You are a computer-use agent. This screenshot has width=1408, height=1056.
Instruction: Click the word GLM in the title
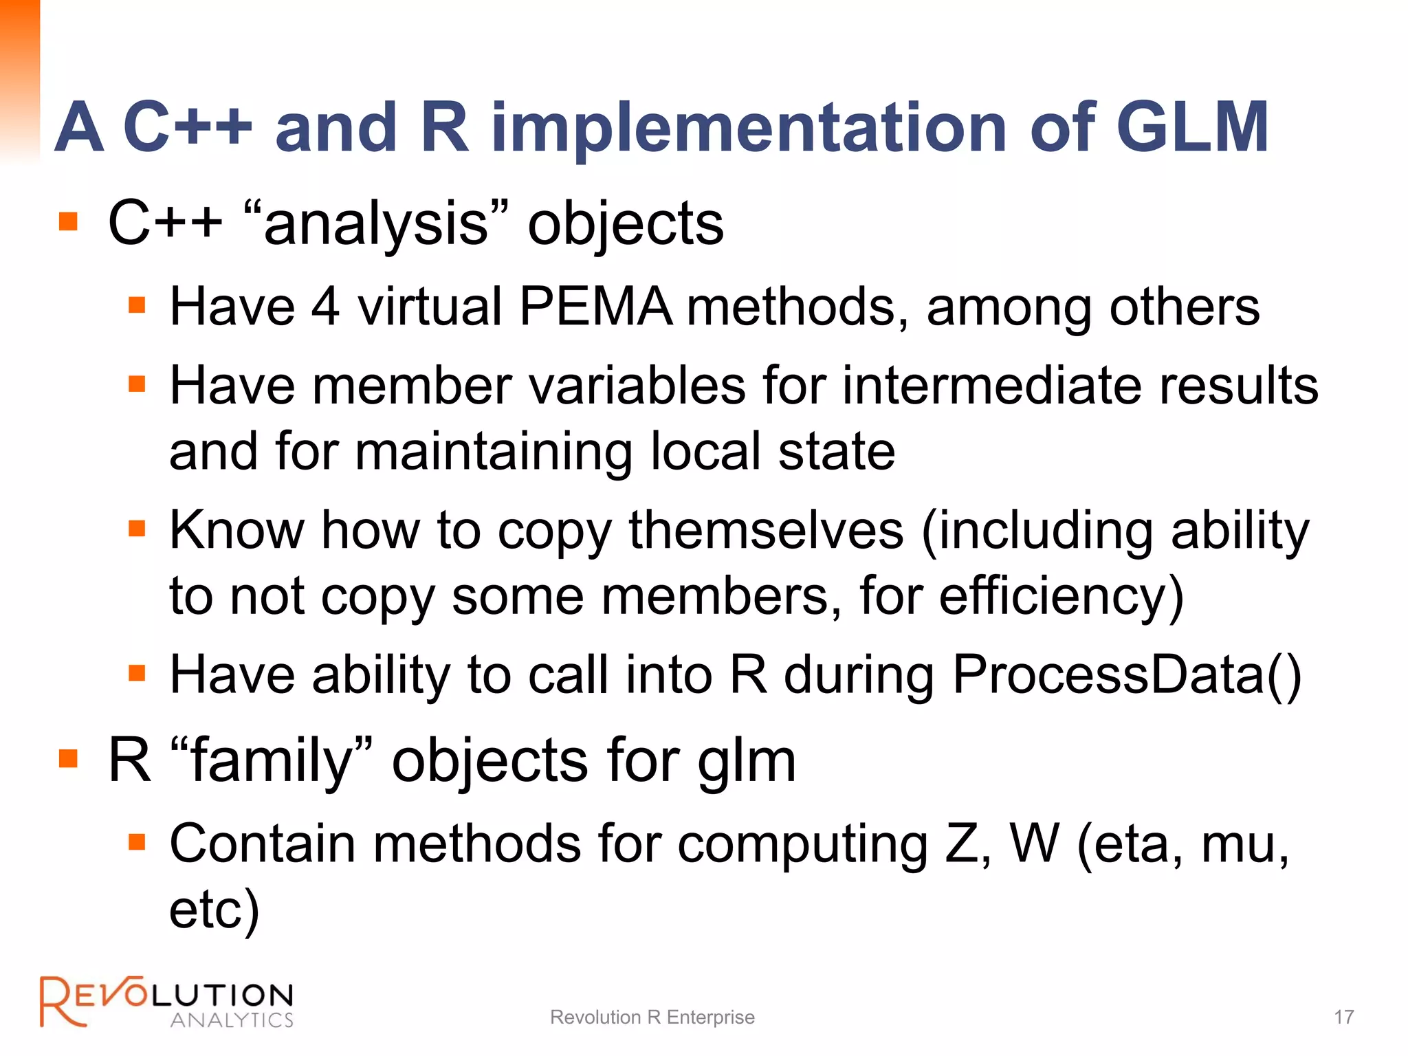point(1191,127)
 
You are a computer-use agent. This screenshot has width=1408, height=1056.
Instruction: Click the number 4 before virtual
point(325,306)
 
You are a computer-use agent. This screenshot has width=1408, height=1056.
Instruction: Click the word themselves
point(766,530)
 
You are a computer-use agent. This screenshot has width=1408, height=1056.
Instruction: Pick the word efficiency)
point(1061,596)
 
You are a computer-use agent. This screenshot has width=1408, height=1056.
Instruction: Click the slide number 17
point(1343,1017)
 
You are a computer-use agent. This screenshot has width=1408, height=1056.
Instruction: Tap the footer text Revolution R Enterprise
point(652,1017)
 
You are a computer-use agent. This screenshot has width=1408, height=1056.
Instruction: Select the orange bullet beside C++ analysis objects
point(68,222)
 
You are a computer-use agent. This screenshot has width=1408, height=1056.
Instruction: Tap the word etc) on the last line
point(214,910)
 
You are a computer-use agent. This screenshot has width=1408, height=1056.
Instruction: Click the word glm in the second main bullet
point(747,761)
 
